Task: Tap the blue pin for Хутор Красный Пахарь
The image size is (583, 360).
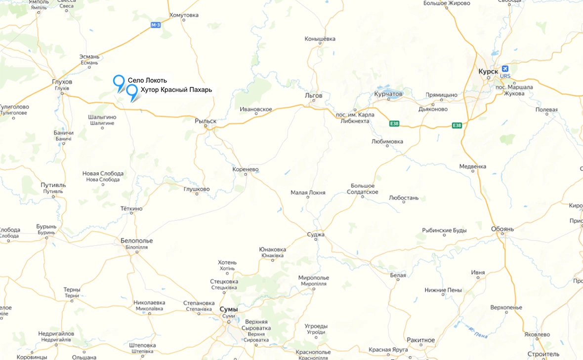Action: click(132, 90)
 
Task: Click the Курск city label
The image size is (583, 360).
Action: click(488, 72)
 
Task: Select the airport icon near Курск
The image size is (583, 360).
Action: click(505, 69)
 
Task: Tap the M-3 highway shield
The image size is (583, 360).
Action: click(156, 25)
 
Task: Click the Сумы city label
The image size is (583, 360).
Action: click(228, 309)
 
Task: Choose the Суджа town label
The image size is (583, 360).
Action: click(316, 235)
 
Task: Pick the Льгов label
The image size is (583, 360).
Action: click(314, 95)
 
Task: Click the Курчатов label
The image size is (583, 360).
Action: click(388, 94)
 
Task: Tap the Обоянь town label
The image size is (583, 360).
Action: click(503, 229)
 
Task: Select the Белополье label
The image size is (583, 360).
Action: click(137, 240)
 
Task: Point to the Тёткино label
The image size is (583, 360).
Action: click(131, 209)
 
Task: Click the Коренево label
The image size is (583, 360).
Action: click(245, 169)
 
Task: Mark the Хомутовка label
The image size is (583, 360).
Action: click(184, 15)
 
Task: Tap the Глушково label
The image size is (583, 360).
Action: click(197, 189)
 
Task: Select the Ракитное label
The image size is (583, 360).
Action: click(421, 340)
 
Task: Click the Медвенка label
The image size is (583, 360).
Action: click(472, 167)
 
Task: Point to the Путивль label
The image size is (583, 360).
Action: click(53, 185)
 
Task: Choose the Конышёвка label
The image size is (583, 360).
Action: click(320, 39)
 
